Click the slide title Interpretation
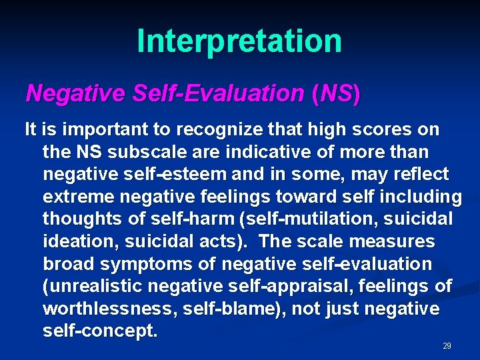[239, 41]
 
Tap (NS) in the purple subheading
[335, 94]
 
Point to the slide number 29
[447, 346]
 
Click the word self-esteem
[165, 175]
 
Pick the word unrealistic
[85, 287]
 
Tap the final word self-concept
[100, 331]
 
